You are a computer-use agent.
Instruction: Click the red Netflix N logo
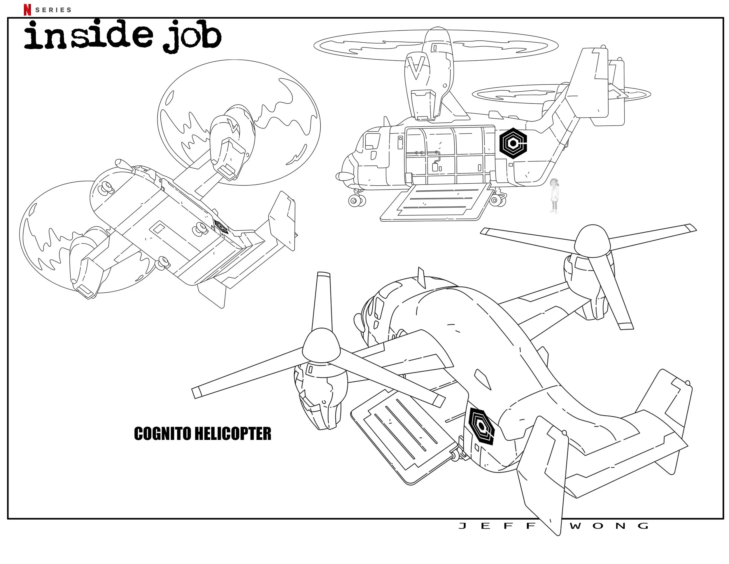tap(27, 10)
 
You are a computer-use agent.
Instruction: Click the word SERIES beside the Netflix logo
tap(53, 10)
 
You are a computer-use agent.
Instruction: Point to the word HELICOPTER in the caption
tap(233, 434)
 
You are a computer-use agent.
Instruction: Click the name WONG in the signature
tap(609, 526)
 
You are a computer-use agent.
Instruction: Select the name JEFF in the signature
tap(497, 526)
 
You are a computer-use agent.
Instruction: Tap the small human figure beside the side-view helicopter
tap(554, 196)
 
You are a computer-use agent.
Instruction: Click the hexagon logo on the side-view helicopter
tap(513, 143)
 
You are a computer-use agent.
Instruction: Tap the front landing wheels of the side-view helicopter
tap(357, 200)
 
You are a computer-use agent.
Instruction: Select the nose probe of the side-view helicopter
tap(344, 175)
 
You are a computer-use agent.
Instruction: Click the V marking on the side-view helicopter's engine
tap(416, 67)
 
